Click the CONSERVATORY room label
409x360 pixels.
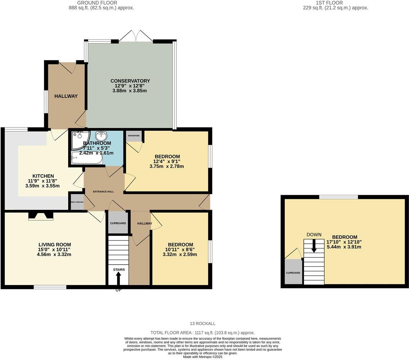pos(130,81)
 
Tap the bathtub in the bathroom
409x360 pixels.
pos(87,158)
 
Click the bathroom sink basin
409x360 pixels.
pos(102,136)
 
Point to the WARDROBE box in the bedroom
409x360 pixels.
pos(134,136)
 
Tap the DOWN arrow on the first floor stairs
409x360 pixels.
pos(314,246)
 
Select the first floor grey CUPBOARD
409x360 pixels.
pos(293,272)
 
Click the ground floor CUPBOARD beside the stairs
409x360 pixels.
pos(118,223)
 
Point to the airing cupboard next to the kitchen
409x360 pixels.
pos(77,202)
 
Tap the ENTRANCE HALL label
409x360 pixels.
pos(103,192)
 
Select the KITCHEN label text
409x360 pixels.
pos(43,176)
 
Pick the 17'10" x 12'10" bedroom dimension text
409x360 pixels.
pos(344,242)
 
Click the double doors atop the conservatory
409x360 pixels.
pos(136,36)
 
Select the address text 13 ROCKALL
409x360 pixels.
pos(203,324)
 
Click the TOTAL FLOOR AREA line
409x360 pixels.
pos(202,333)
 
